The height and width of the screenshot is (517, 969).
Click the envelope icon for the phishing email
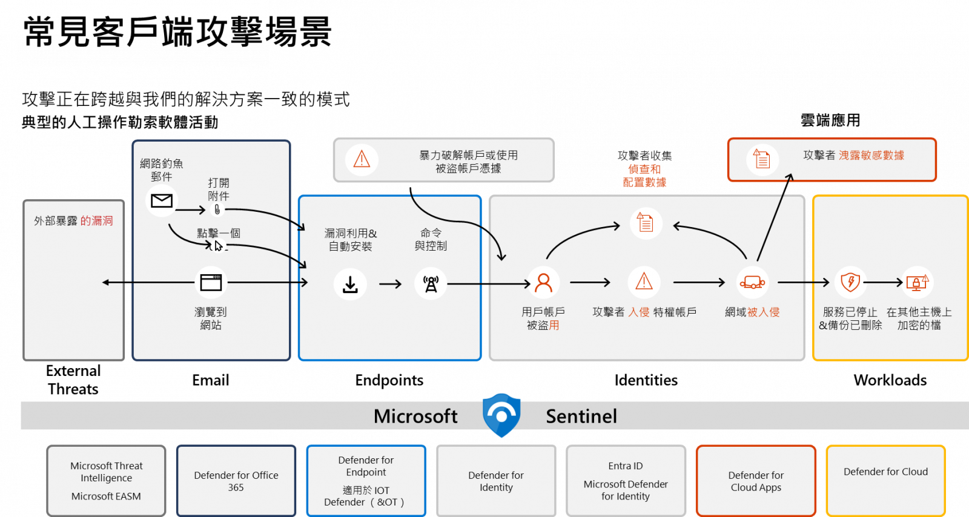tap(162, 201)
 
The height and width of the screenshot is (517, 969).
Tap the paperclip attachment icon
tap(217, 209)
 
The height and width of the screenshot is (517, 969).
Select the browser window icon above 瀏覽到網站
tap(211, 282)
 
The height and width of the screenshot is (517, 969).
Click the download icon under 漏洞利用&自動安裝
tap(350, 284)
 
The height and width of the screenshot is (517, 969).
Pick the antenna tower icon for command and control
tap(431, 284)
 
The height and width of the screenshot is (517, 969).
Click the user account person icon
tap(543, 283)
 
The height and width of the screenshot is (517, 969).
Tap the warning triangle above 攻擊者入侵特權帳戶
tap(644, 282)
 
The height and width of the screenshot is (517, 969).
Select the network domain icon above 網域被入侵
tap(752, 282)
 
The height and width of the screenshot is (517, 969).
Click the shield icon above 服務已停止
tap(850, 282)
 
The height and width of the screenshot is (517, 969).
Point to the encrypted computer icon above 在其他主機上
tap(918, 282)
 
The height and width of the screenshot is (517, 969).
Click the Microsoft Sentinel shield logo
tap(501, 415)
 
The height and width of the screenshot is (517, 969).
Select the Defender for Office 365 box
tap(236, 481)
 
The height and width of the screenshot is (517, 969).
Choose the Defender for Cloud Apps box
tap(756, 481)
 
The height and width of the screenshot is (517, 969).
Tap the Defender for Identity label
tap(496, 481)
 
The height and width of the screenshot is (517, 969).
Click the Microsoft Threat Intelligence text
tap(107, 472)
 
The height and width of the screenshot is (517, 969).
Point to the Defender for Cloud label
tap(885, 472)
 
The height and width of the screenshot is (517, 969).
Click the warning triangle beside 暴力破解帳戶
tap(362, 159)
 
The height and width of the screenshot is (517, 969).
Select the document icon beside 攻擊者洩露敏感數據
tap(762, 159)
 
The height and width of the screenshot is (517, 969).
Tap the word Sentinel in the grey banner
tap(581, 416)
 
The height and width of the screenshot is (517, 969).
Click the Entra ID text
tap(626, 466)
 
